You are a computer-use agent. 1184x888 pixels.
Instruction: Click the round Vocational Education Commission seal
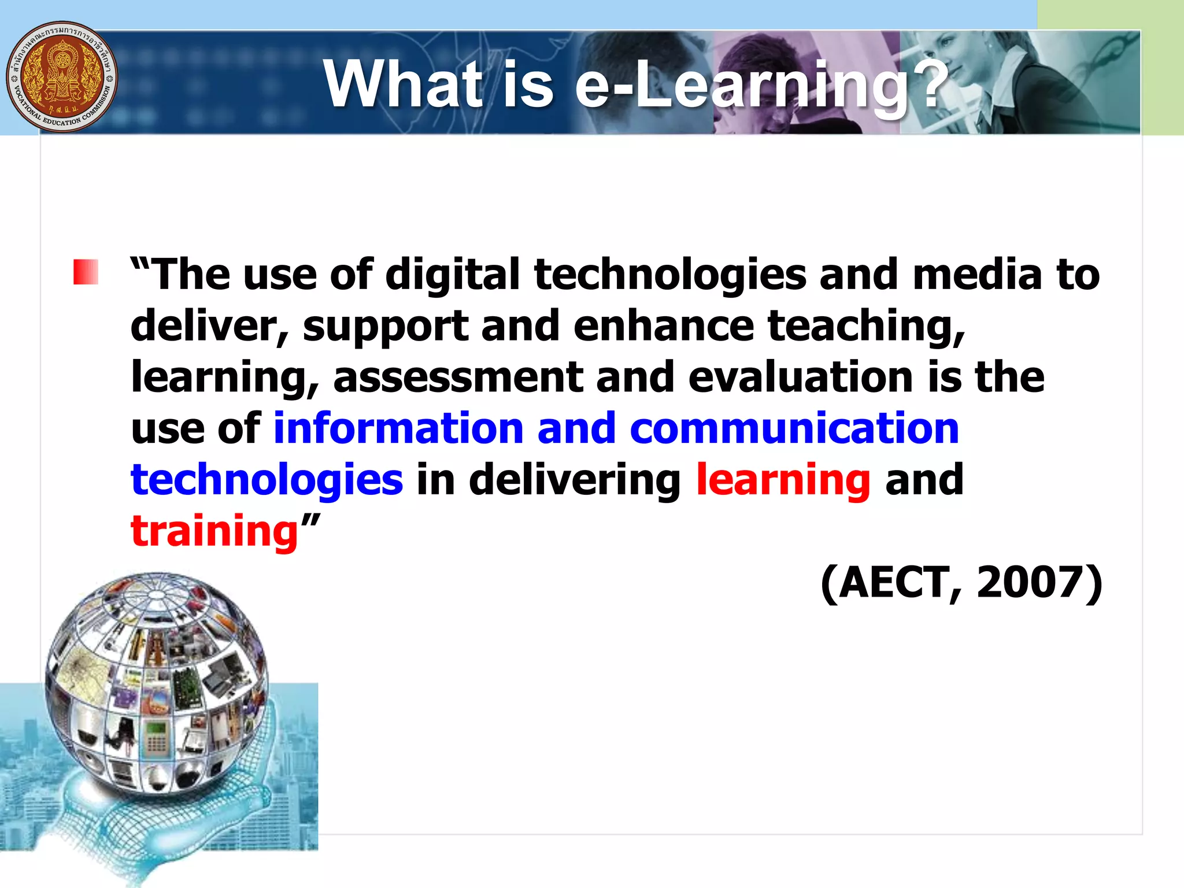[61, 77]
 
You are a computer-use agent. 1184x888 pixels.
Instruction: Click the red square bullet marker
[86, 272]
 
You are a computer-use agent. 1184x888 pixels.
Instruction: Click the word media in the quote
[977, 274]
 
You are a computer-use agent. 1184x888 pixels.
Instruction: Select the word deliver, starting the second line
[210, 326]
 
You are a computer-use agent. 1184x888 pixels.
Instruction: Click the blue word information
[398, 428]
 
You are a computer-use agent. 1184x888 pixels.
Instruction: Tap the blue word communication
[794, 428]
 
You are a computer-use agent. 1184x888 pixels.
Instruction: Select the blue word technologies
[267, 480]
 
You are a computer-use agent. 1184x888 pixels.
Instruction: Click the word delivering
[575, 480]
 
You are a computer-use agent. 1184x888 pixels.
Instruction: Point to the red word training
[214, 531]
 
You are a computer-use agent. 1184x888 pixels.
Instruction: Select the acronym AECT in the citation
[900, 583]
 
